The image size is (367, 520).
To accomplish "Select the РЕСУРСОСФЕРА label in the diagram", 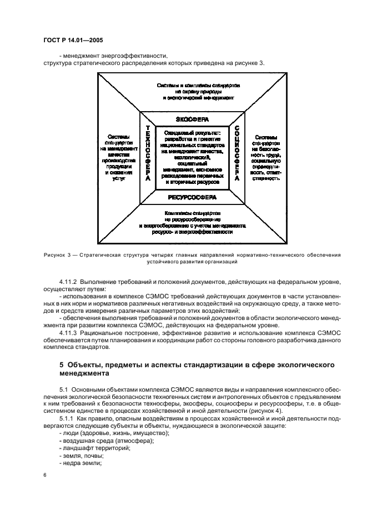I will pos(192,197).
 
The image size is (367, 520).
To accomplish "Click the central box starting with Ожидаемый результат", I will pos(192,158).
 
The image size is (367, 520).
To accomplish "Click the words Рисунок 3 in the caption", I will pos(57,254).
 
